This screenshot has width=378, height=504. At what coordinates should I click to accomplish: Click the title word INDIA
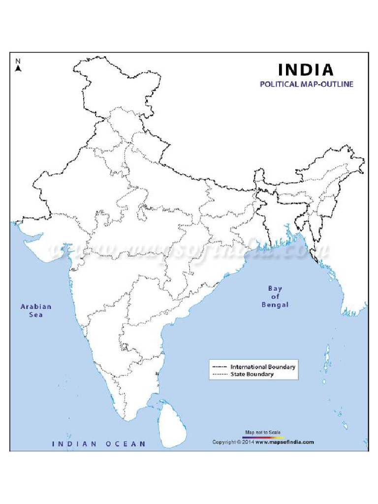point(306,69)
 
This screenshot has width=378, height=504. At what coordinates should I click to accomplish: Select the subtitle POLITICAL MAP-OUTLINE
point(306,84)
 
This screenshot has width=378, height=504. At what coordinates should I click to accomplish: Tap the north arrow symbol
point(18,69)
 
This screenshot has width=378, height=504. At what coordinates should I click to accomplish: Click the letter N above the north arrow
point(18,61)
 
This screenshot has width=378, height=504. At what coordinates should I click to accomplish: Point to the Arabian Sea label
point(35,310)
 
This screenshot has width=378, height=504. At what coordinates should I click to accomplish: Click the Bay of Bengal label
point(275,297)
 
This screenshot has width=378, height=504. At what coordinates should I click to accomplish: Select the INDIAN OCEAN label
point(99,444)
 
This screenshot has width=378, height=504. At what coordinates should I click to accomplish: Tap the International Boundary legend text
point(263,367)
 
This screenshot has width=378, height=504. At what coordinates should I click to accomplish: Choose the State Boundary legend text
point(252,374)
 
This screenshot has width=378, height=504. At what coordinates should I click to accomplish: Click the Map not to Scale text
point(263,432)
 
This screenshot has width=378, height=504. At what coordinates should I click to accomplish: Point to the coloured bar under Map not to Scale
point(263,437)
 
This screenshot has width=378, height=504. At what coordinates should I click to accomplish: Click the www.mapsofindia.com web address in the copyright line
point(284,442)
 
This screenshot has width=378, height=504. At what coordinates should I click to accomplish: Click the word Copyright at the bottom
point(224,442)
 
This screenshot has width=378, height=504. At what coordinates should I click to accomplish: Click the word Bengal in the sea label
point(275,305)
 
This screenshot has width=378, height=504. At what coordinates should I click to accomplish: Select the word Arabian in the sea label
point(35,306)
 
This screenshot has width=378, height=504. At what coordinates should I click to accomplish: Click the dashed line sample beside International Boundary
point(220,367)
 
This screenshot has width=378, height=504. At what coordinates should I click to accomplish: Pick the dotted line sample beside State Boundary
point(220,374)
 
